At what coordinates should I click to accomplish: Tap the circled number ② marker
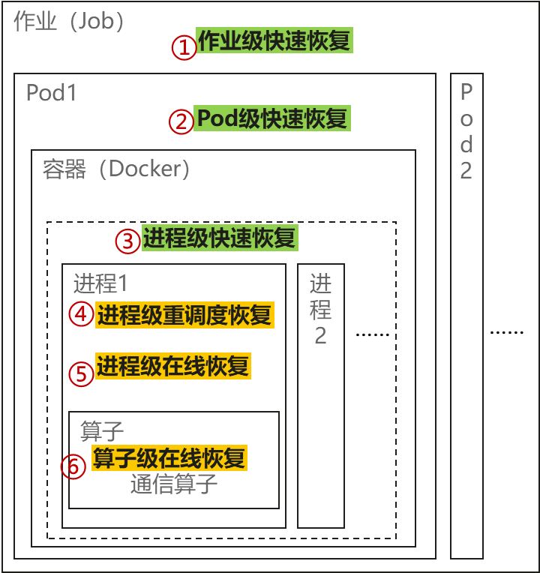(x=181, y=121)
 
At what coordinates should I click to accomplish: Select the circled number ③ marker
(x=128, y=241)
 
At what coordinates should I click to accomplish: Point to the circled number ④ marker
(x=82, y=314)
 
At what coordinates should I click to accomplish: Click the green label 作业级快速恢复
(x=274, y=40)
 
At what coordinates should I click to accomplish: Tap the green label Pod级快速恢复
(x=271, y=118)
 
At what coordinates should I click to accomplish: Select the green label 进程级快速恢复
(x=220, y=238)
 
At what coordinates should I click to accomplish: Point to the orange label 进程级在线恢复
(x=172, y=366)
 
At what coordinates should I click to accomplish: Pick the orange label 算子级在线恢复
(x=169, y=457)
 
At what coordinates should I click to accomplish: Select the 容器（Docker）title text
(x=117, y=169)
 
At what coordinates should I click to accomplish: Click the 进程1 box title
(x=100, y=284)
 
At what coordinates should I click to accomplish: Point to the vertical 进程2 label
(x=320, y=309)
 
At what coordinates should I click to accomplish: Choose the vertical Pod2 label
(x=466, y=131)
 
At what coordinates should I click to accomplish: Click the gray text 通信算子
(x=174, y=484)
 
